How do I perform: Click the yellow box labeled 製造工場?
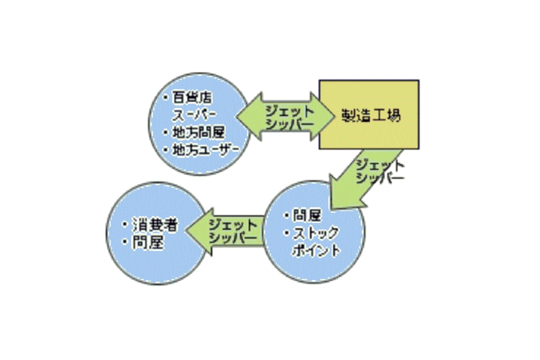(369, 115)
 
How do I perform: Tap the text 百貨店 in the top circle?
(192, 98)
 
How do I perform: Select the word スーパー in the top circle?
(194, 115)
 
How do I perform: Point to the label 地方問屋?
(198, 132)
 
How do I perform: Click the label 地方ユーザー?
(205, 150)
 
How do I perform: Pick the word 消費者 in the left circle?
(155, 225)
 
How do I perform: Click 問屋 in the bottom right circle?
(307, 216)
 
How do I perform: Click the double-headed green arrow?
(285, 116)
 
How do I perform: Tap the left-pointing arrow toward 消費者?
(224, 231)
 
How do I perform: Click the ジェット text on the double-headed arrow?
(290, 111)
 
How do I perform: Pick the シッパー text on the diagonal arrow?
(380, 178)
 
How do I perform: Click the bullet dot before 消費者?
(126, 225)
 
